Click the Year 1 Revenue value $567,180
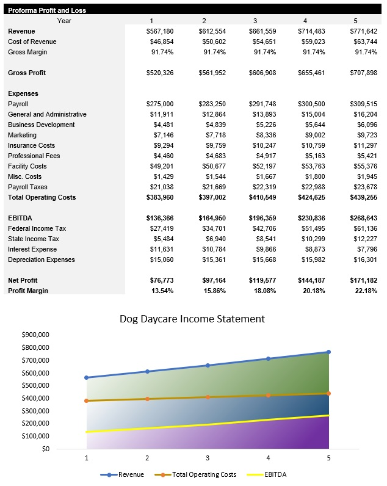[160, 31]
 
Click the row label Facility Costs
[27, 166]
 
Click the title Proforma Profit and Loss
[47, 10]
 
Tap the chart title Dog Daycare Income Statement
[192, 319]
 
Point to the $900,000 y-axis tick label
[35, 335]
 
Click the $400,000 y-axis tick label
[35, 398]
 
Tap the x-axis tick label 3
[208, 457]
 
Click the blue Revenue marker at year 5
[328, 352]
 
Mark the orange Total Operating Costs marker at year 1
[87, 401]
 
